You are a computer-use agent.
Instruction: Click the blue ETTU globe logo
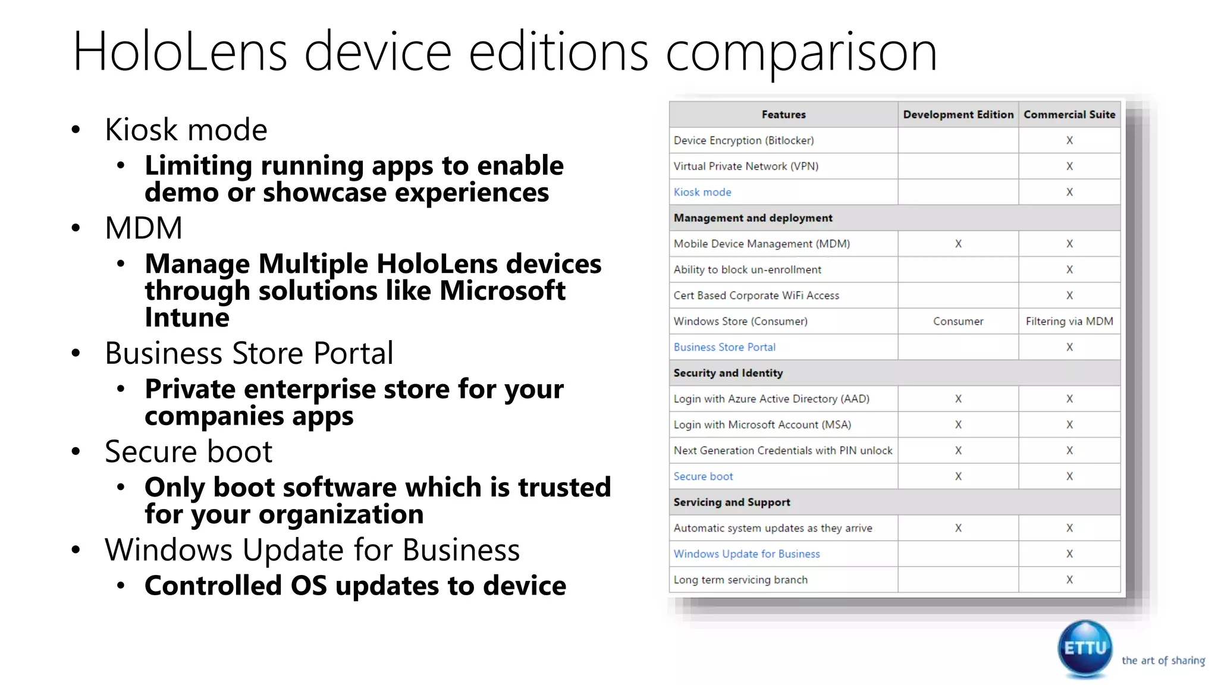point(1085,648)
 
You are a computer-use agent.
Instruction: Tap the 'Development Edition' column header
point(958,115)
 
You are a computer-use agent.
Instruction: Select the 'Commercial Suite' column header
point(1069,115)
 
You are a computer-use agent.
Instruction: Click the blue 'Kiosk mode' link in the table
point(702,192)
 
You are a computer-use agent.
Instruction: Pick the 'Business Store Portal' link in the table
point(724,347)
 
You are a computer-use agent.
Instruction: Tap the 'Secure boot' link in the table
point(703,476)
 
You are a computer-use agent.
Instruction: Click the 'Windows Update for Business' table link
point(746,554)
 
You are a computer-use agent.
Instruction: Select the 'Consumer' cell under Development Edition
point(958,321)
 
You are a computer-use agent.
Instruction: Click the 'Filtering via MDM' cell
point(1069,321)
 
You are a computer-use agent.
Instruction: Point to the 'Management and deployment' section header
point(753,218)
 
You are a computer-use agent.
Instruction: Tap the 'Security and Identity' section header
point(728,373)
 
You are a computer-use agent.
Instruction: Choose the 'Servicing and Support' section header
point(732,502)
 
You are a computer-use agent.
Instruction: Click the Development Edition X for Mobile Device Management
point(958,244)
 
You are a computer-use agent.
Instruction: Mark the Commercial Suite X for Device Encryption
point(1069,140)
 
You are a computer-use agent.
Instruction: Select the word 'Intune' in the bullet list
point(187,318)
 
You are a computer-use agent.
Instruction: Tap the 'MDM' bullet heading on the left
point(143,228)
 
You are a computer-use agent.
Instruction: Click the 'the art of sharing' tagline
point(1163,661)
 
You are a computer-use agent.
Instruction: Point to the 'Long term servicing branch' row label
point(740,580)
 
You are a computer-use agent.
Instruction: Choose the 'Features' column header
point(783,115)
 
